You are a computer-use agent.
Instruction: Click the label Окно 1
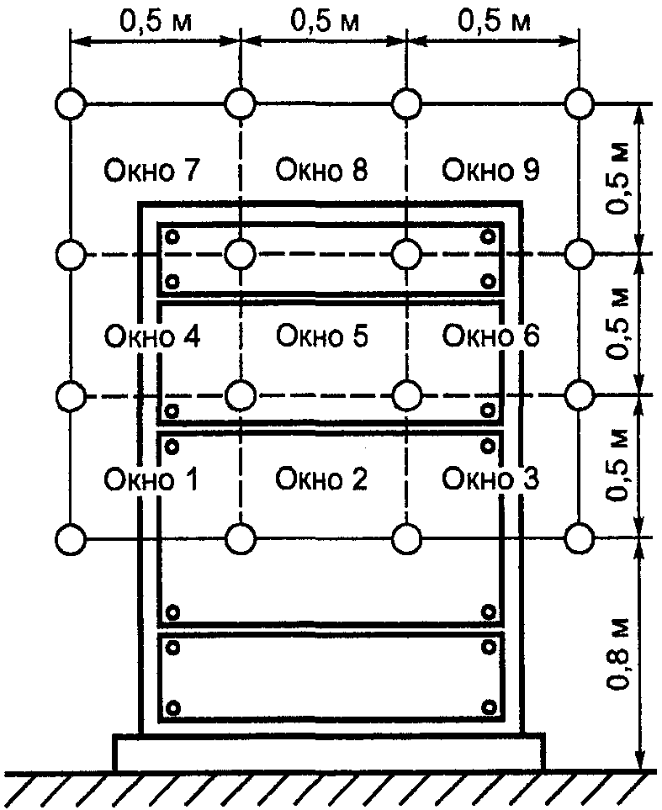click(x=151, y=479)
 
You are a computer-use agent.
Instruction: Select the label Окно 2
click(x=322, y=479)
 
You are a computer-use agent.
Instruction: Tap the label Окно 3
click(x=491, y=479)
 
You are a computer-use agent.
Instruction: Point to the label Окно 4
click(x=151, y=336)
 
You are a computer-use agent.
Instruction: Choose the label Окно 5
click(x=322, y=336)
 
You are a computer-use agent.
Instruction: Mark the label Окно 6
click(x=491, y=336)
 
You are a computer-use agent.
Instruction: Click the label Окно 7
click(x=151, y=171)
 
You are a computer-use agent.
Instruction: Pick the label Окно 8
click(x=322, y=171)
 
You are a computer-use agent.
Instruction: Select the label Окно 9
click(x=491, y=171)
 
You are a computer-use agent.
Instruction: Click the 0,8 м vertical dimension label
click(x=621, y=654)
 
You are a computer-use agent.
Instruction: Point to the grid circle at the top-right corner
click(x=579, y=104)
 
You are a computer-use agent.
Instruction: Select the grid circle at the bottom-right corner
click(x=579, y=537)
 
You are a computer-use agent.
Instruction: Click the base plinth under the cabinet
click(x=329, y=751)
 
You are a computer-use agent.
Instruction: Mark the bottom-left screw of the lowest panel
click(x=173, y=708)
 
